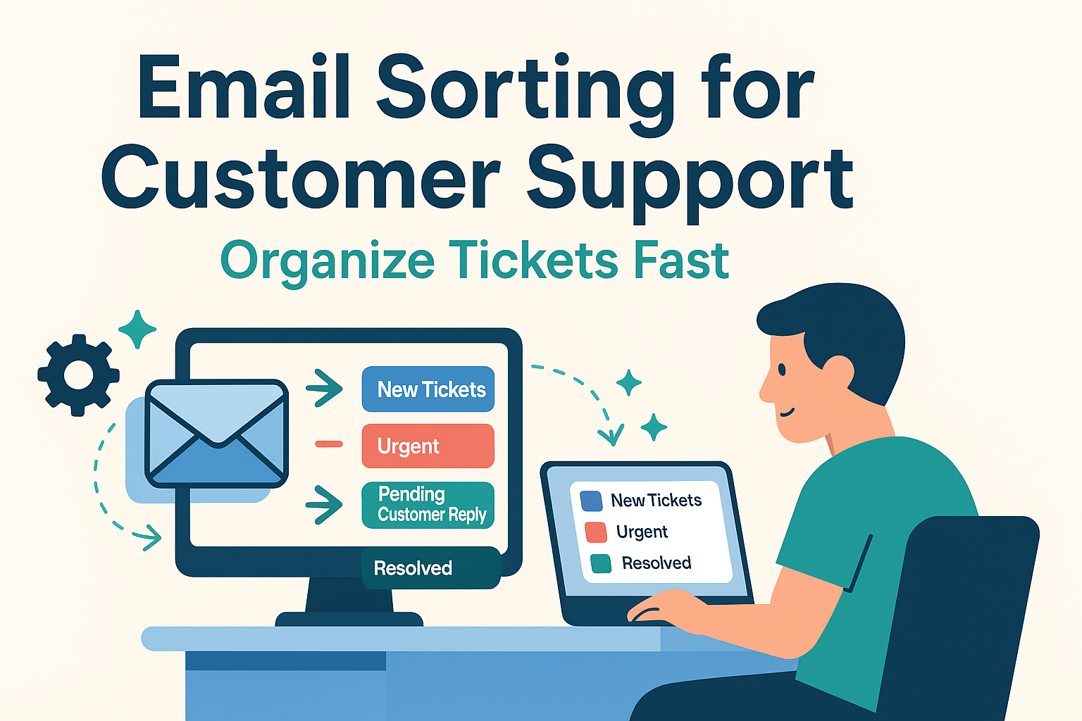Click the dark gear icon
(78, 375)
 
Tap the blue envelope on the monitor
(217, 434)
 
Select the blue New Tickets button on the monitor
(428, 389)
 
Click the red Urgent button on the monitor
(428, 446)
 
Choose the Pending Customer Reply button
(428, 505)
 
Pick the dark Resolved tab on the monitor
(431, 568)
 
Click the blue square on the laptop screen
(591, 501)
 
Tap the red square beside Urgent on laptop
(595, 532)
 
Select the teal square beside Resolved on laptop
(601, 563)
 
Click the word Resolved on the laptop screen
(657, 563)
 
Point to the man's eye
(782, 370)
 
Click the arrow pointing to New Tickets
(325, 388)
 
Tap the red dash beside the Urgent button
(329, 444)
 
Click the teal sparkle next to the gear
(137, 330)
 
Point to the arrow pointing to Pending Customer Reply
(325, 505)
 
